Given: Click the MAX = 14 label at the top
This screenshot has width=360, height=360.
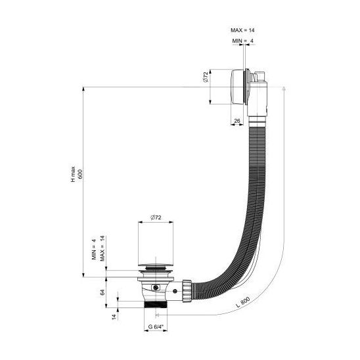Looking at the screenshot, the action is [x=242, y=30].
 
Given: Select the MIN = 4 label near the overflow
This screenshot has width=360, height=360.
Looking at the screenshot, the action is [x=243, y=41].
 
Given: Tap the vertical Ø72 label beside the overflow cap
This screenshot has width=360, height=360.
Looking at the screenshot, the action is [x=205, y=77].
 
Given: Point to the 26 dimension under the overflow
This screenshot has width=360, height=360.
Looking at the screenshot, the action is [x=237, y=120].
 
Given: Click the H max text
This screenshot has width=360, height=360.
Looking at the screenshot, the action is [x=73, y=174].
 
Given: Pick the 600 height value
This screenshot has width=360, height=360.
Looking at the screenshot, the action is [x=80, y=174].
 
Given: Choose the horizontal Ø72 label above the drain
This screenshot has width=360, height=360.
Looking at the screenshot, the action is [x=156, y=217].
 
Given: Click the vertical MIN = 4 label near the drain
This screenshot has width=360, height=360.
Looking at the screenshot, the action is [x=94, y=249].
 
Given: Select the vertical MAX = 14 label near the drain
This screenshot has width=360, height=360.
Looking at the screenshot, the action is [x=102, y=248].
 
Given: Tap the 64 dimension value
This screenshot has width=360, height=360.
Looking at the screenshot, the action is [x=102, y=292].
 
